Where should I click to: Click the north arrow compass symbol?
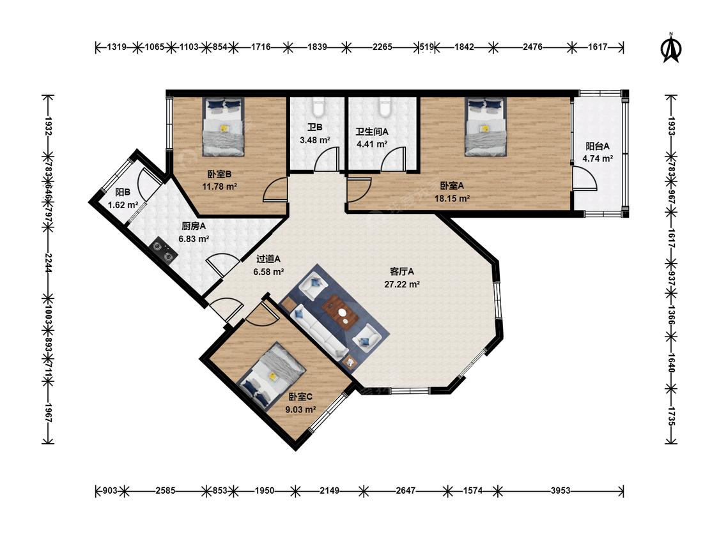[x=671, y=48]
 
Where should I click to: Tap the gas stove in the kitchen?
[x=165, y=252]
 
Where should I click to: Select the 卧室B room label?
[x=219, y=174]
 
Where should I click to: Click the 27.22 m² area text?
[x=402, y=284]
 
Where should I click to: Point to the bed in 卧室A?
[x=486, y=126]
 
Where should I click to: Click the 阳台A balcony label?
[x=598, y=146]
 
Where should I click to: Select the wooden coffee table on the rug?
[x=342, y=312]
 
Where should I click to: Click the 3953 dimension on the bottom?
[x=561, y=491]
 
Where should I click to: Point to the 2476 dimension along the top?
[x=532, y=47]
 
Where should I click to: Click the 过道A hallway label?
[x=268, y=259]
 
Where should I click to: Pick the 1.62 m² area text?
[x=123, y=205]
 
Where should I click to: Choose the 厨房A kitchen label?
[x=194, y=226]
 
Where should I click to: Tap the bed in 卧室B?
[x=224, y=126]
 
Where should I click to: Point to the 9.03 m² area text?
[x=300, y=409]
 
